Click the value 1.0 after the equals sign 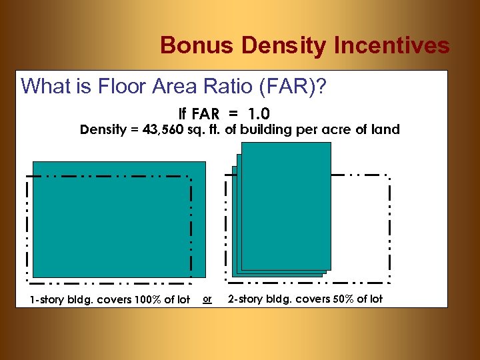(x=259, y=114)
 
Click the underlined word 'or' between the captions (x=207, y=299)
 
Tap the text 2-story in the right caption (x=246, y=299)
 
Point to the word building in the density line (x=261, y=130)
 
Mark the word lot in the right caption (x=375, y=299)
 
